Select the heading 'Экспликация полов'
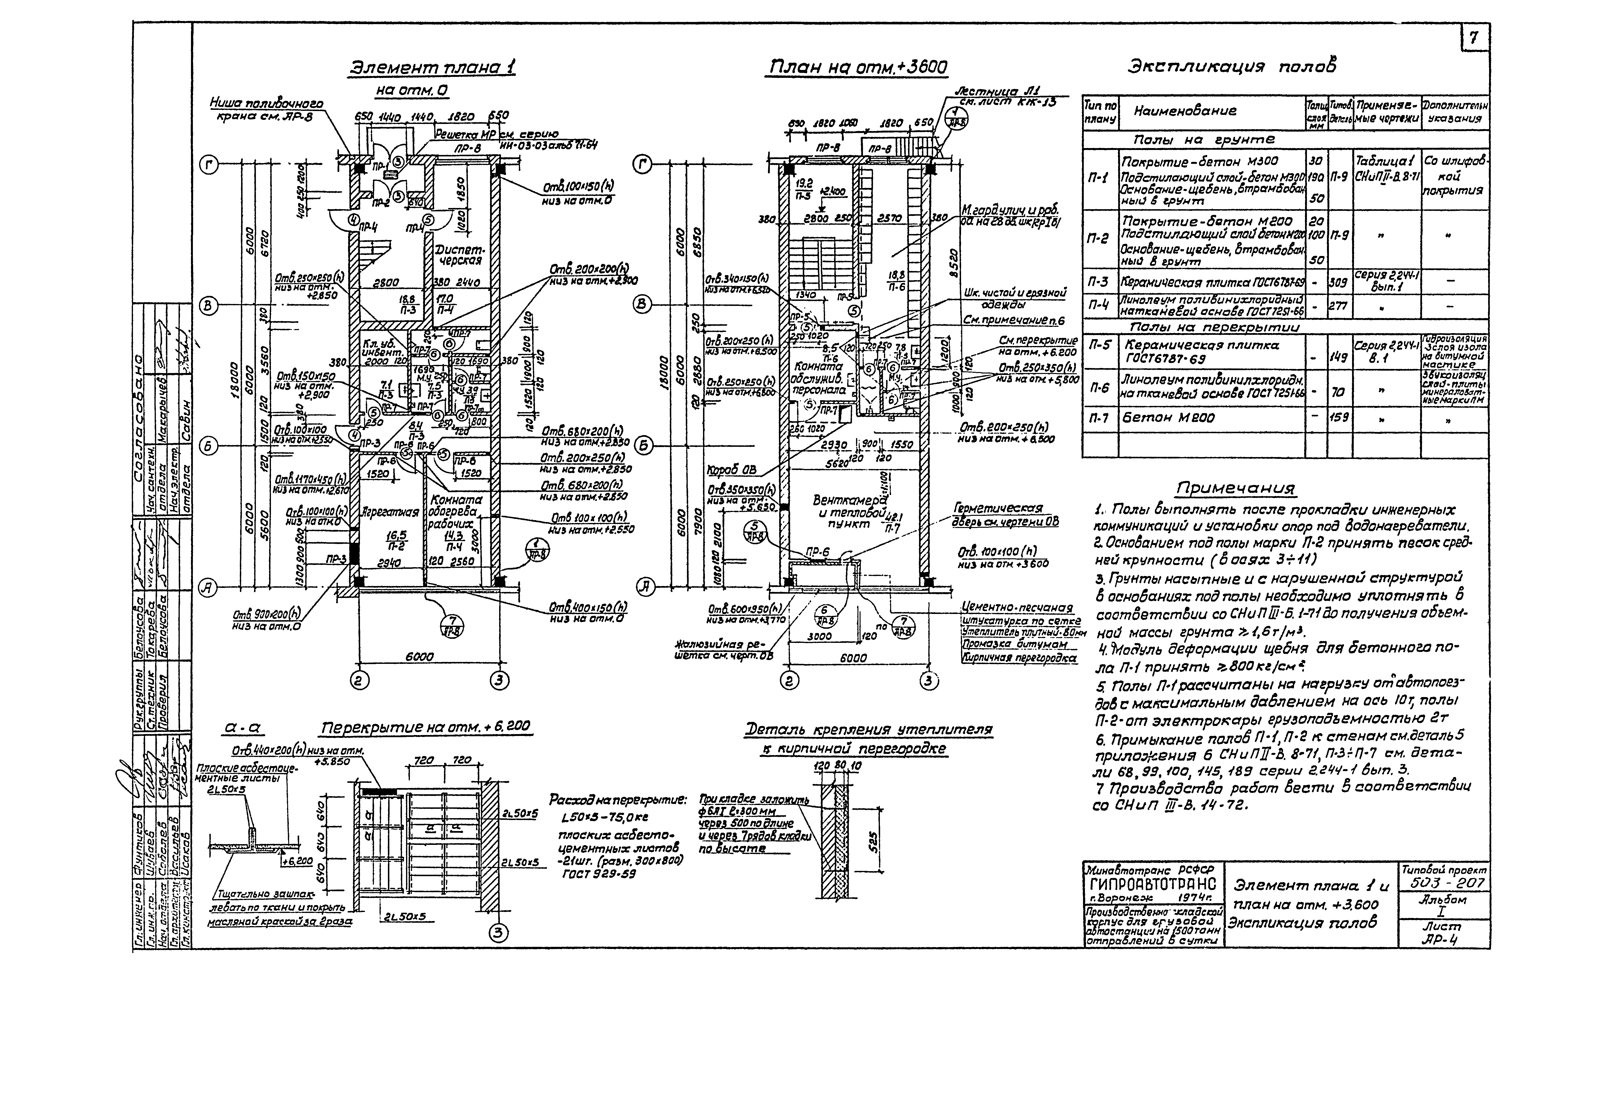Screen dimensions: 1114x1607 click(1232, 67)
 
